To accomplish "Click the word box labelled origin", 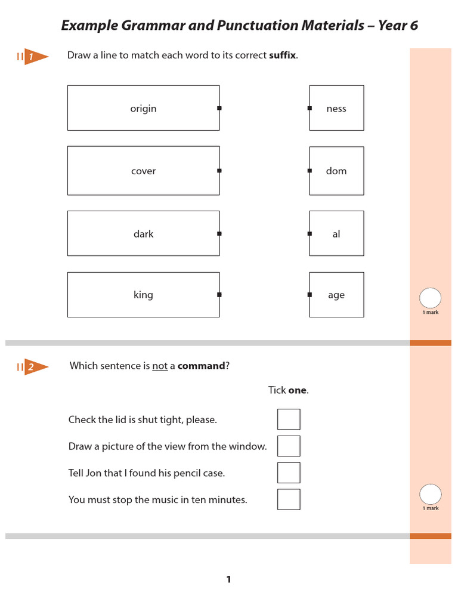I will point(143,108).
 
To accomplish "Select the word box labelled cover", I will point(143,171).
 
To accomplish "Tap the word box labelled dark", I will point(143,233).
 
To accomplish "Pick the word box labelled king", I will point(143,295).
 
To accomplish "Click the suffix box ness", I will point(336,108).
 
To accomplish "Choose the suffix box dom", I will point(336,171).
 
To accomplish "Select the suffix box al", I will point(336,233).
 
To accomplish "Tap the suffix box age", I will point(336,295).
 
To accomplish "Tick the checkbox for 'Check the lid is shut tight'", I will point(289,419).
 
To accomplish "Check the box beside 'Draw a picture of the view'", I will point(289,446).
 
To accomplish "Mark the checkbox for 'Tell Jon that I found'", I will point(289,473).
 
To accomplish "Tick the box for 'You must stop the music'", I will point(289,499).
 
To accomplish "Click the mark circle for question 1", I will point(431,298).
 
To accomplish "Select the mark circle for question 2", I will point(431,494).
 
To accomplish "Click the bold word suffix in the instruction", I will point(282,55).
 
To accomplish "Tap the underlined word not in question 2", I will point(160,366).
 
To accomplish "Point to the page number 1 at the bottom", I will point(228,579).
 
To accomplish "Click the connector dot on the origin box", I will point(219,108).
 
